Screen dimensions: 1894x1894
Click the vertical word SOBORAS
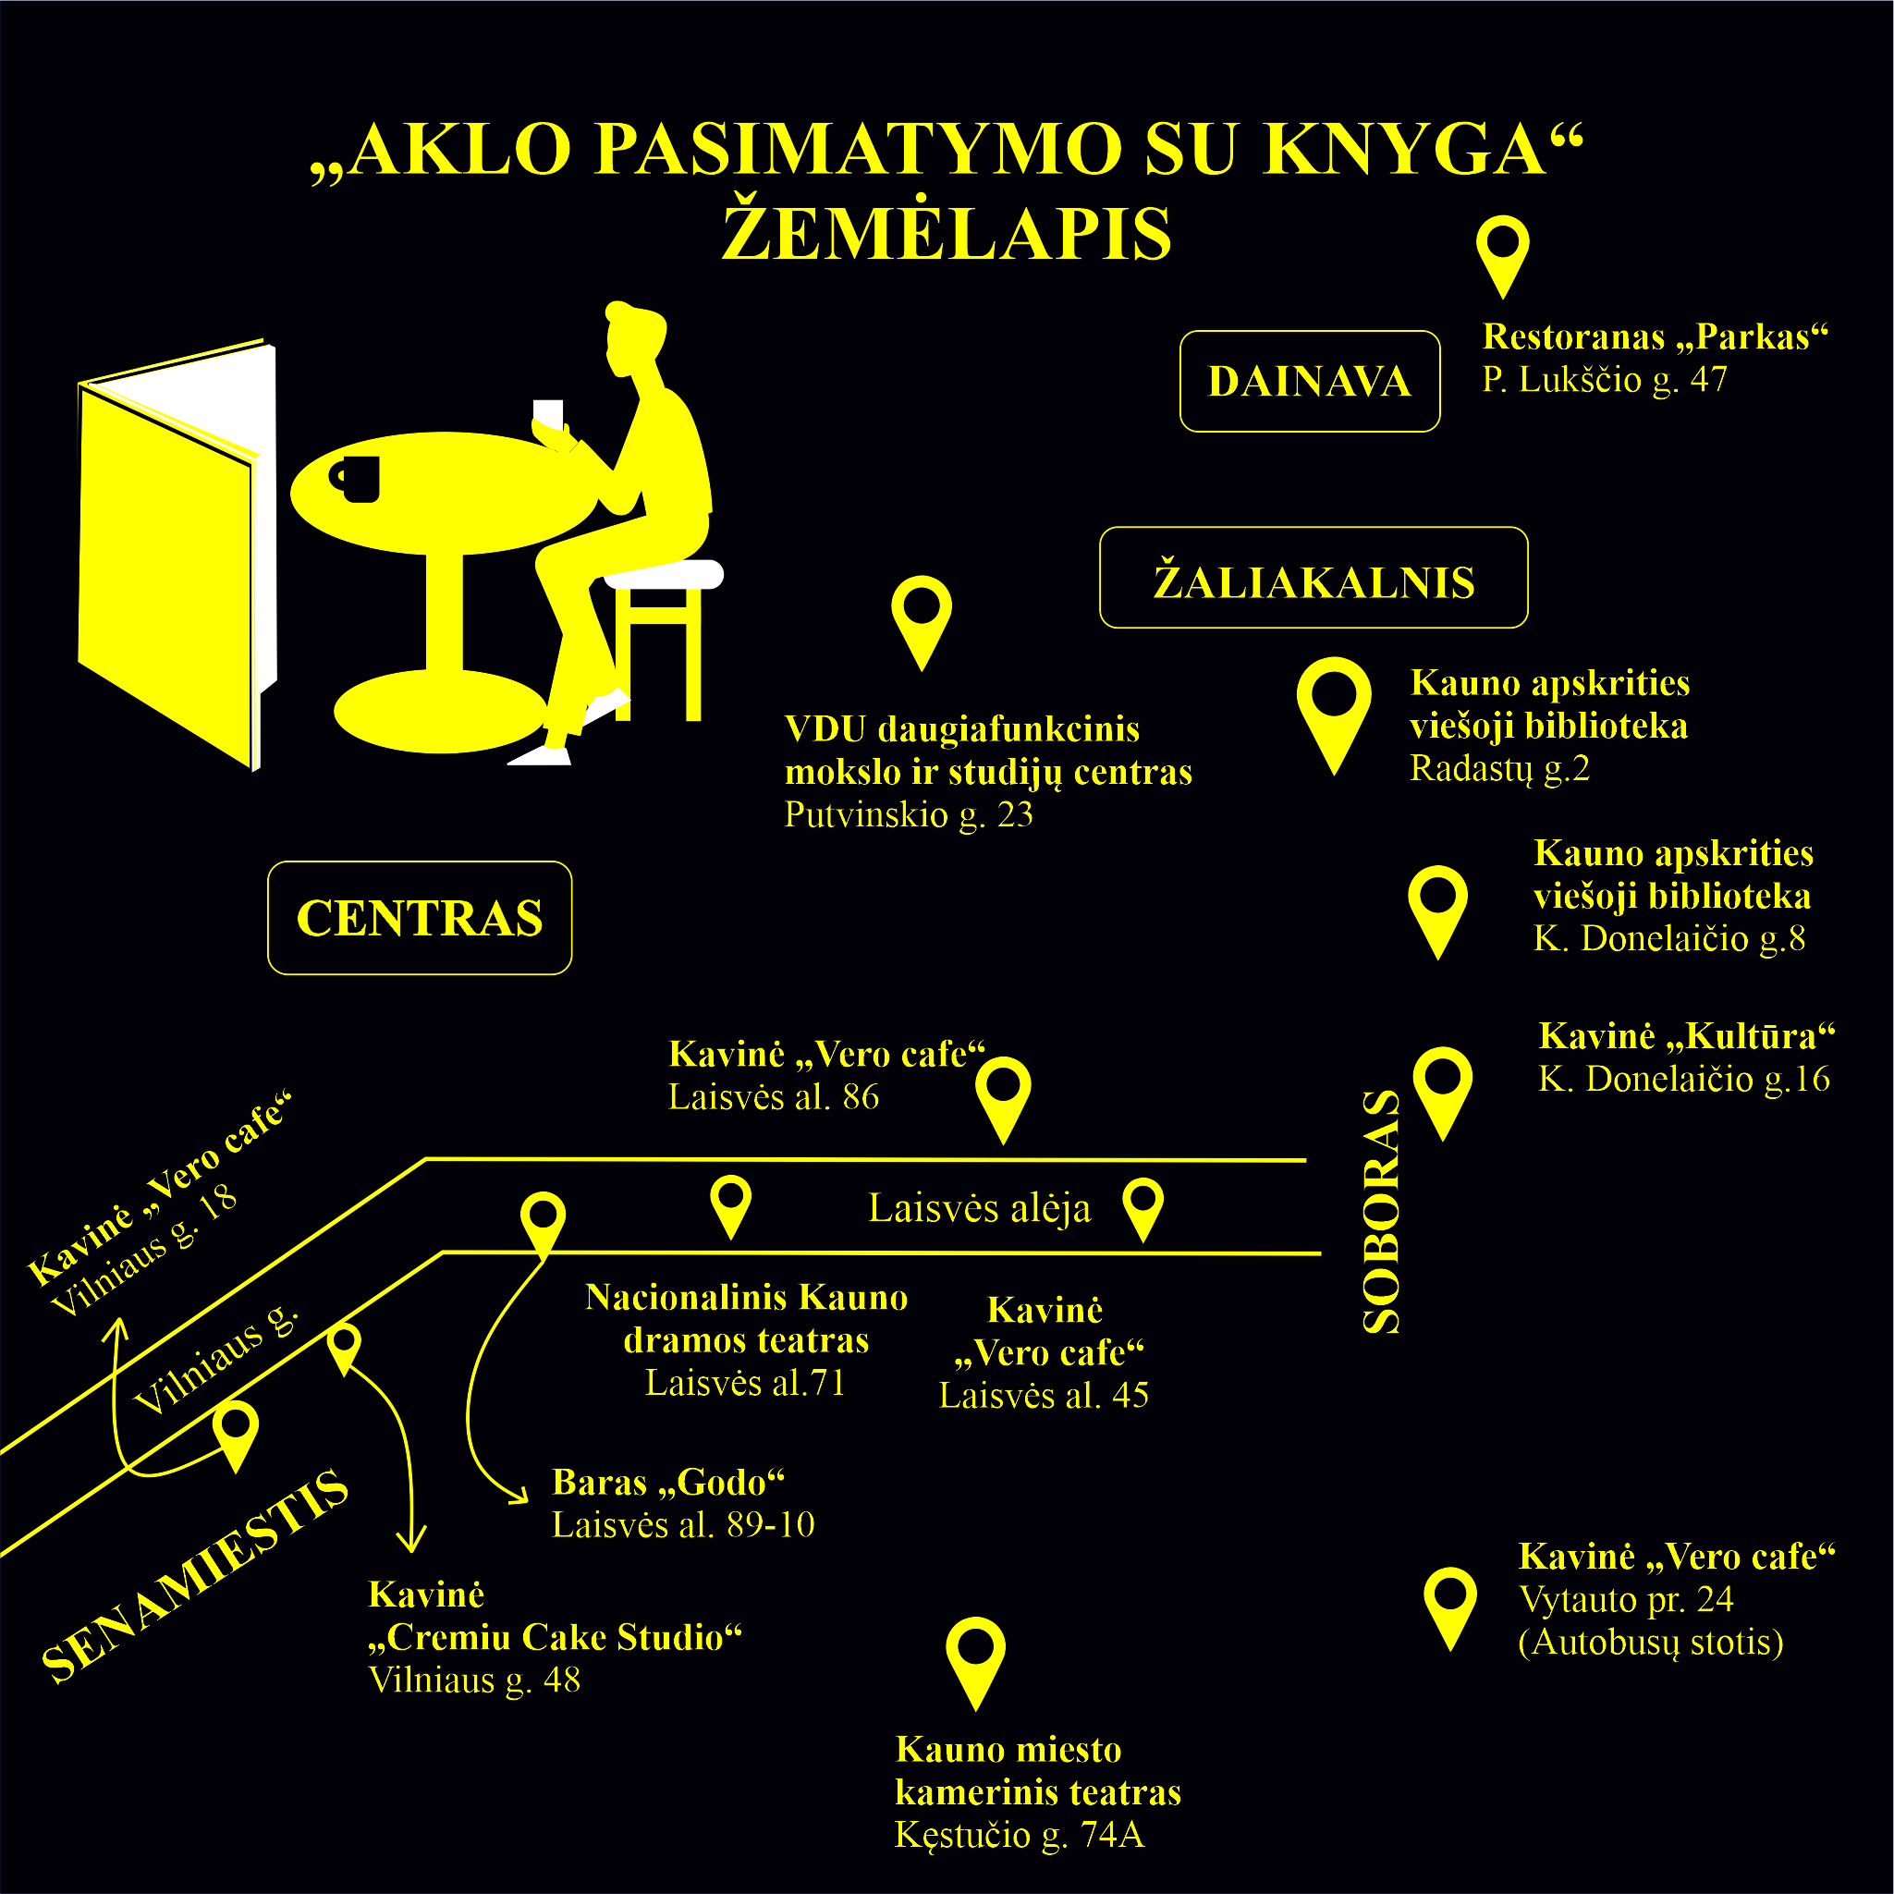coord(1381,1211)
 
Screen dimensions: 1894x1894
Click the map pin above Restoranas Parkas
coord(1503,257)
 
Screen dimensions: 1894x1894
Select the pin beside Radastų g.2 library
coord(1333,715)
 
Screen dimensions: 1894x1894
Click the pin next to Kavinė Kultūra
coord(1443,1094)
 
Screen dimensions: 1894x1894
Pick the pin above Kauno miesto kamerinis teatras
coord(975,1665)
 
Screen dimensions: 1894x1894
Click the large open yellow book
coord(177,555)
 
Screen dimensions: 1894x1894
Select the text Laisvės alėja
coord(979,1208)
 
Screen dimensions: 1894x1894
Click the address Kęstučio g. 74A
coord(1020,1834)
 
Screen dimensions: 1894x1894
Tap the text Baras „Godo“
coord(668,1483)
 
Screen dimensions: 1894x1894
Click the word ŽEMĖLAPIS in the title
coord(947,233)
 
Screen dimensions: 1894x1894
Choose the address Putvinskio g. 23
coord(909,814)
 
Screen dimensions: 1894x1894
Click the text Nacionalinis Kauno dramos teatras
coord(746,1318)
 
